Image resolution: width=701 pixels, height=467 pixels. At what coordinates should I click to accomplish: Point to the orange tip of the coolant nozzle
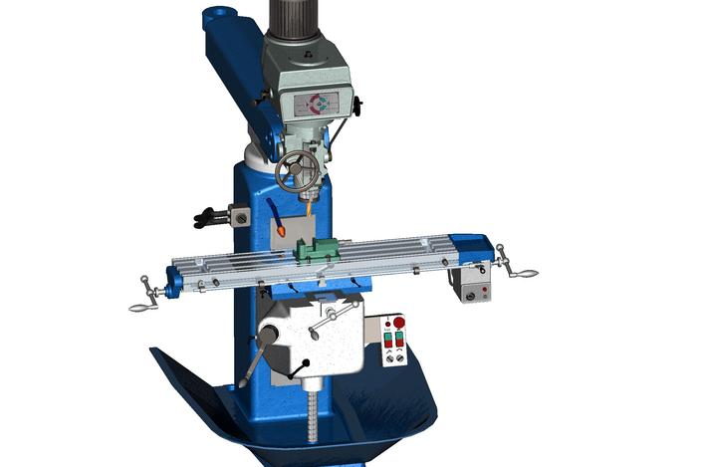[283, 230]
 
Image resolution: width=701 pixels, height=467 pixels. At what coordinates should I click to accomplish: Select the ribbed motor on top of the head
[299, 16]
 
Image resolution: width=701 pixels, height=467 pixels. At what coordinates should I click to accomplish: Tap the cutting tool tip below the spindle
[311, 210]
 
